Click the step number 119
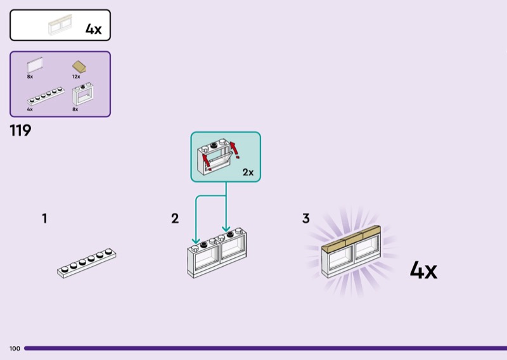tap(20, 131)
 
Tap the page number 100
tap(15, 349)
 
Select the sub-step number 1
tap(44, 219)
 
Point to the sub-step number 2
tap(175, 219)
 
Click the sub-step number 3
tap(306, 219)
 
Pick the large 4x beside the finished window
tap(423, 271)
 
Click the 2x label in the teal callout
tap(248, 172)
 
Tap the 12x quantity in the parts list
tap(76, 76)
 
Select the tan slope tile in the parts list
tap(79, 67)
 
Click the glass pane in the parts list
tap(35, 65)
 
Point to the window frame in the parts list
tap(84, 95)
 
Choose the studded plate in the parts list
tap(46, 96)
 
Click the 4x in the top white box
tap(93, 29)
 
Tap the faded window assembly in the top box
tap(63, 26)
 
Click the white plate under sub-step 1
tap(86, 262)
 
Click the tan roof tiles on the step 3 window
tap(352, 238)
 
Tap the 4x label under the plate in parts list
tap(30, 109)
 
